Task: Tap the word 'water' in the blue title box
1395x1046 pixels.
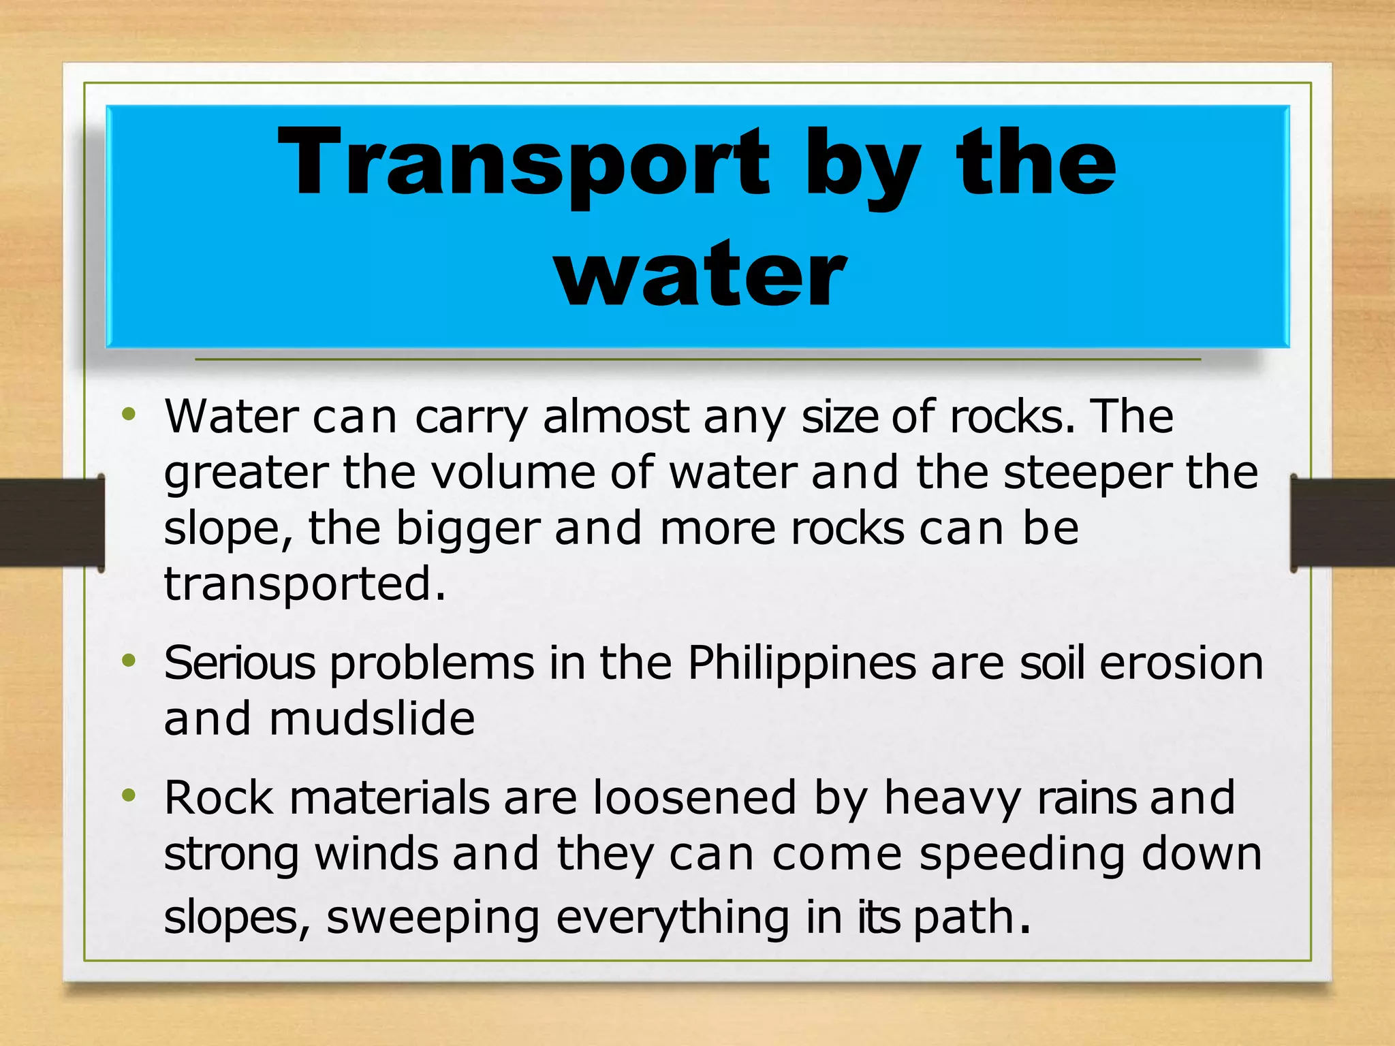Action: (702, 276)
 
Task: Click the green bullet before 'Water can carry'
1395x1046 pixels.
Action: (129, 414)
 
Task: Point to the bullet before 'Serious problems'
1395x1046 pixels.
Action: (129, 661)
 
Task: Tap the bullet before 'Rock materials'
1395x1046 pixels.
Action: (129, 795)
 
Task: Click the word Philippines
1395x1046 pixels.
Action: (802, 663)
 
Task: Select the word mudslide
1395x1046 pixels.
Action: (372, 719)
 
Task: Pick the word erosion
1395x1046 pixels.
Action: (1181, 663)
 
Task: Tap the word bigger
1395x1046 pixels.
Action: (468, 530)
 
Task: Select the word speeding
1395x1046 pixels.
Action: (1022, 855)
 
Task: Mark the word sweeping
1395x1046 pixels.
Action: (433, 918)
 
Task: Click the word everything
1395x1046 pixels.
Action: (673, 918)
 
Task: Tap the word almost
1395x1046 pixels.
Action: (616, 416)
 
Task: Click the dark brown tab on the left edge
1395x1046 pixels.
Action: (52, 523)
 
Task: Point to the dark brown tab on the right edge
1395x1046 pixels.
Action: (1343, 523)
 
